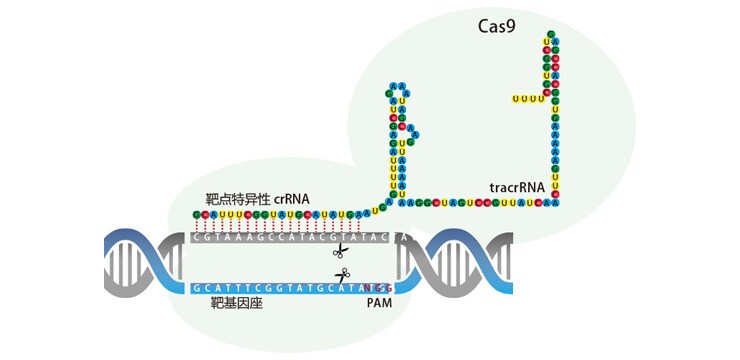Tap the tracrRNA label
(x=518, y=187)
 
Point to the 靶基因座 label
(x=236, y=302)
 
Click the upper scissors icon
(x=341, y=251)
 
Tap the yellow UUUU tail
(x=527, y=98)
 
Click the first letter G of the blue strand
(x=197, y=288)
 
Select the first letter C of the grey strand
(x=197, y=238)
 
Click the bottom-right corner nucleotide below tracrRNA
(x=557, y=201)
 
